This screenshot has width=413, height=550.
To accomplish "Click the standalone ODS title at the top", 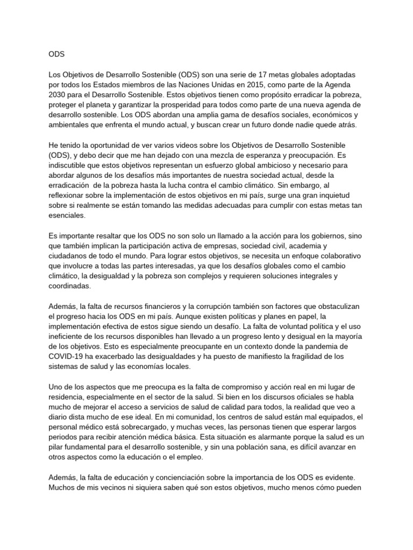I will (56, 54).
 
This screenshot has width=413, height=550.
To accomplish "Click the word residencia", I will (67, 397).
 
